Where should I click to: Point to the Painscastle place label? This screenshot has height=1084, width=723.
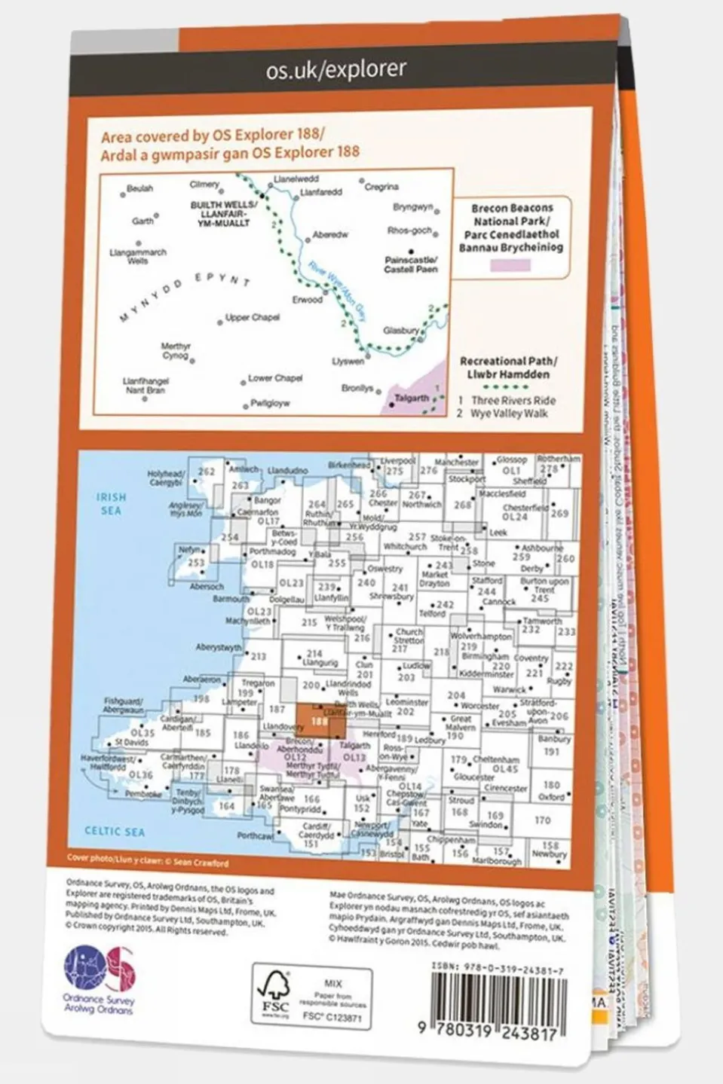pos(411,264)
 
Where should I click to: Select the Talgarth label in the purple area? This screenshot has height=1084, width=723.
pos(412,398)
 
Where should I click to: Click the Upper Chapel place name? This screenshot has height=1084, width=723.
pos(253,318)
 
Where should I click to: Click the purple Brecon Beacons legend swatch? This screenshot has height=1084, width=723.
pos(510,264)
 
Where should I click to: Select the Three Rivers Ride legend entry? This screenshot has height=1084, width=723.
pos(512,401)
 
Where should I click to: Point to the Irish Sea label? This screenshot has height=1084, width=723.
pos(111,504)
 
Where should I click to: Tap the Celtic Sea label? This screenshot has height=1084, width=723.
pos(115,832)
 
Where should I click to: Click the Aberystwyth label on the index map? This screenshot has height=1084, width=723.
pos(219,648)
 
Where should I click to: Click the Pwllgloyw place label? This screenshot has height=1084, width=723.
pos(269,404)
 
